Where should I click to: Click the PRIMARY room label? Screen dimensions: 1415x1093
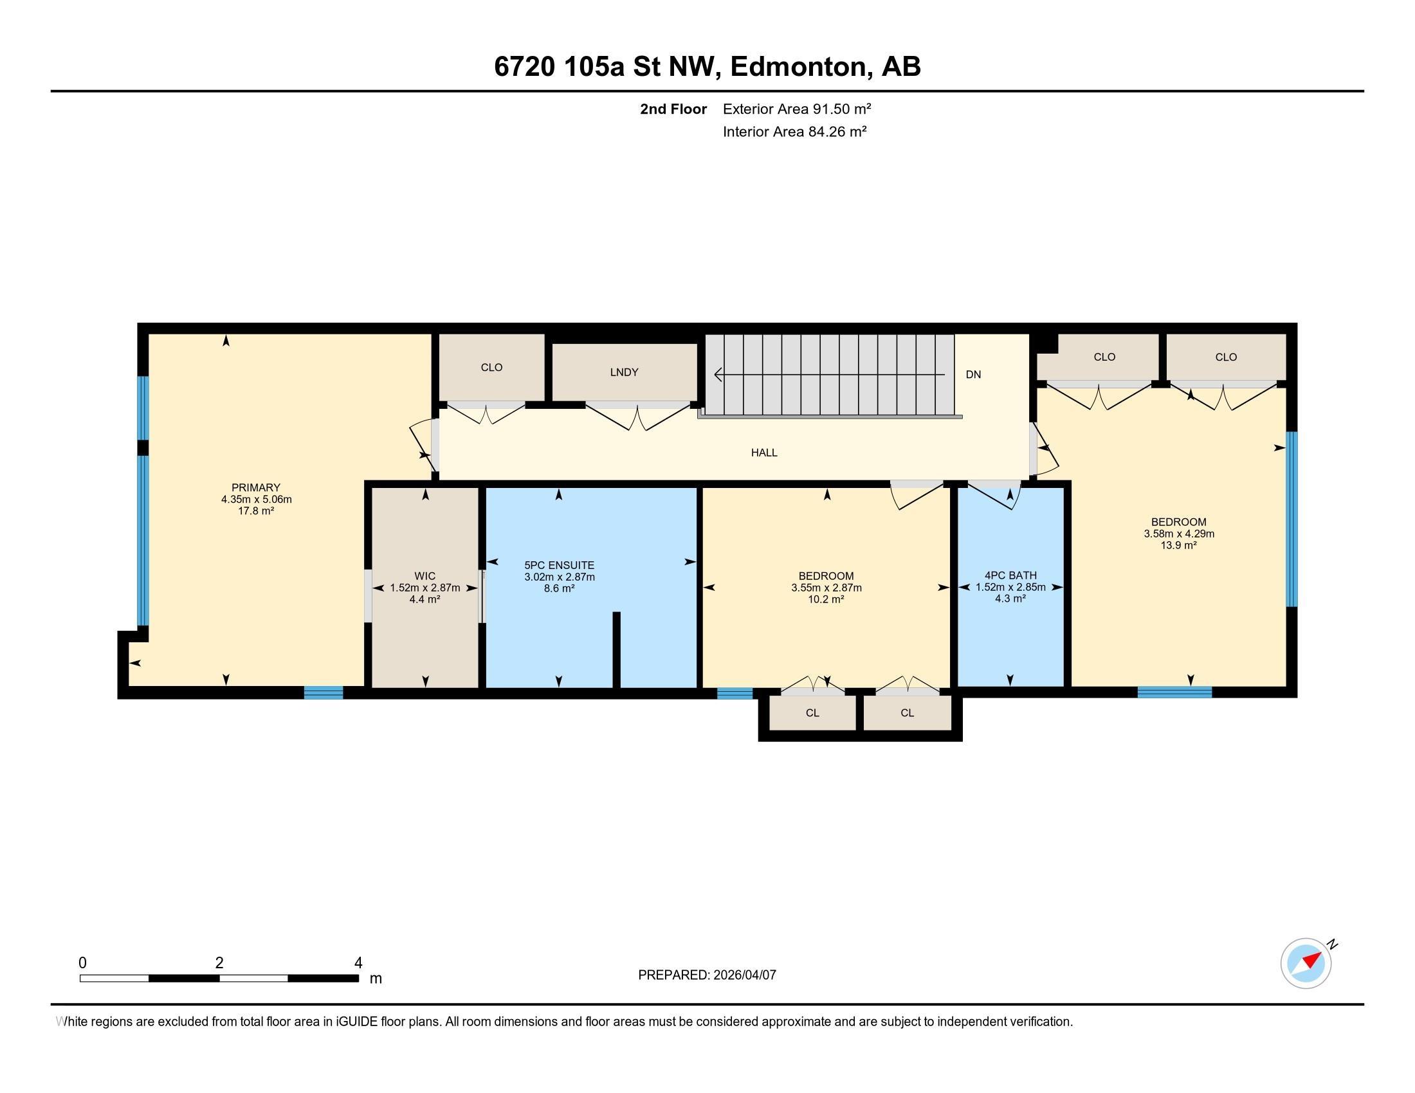point(256,487)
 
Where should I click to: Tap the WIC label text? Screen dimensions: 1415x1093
point(425,575)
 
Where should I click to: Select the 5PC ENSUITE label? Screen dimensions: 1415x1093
point(559,565)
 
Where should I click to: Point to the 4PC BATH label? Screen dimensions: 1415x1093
point(1010,575)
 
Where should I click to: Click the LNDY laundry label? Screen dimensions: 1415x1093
point(625,372)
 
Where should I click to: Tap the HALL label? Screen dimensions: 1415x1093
point(765,453)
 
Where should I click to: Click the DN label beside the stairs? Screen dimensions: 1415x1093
point(973,374)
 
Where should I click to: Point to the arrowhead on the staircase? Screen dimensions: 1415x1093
point(718,374)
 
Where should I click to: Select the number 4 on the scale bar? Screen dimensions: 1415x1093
point(358,963)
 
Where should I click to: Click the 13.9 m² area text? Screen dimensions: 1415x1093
point(1178,545)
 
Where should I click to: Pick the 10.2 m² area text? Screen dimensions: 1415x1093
point(826,600)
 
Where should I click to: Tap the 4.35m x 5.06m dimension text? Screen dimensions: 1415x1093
point(257,499)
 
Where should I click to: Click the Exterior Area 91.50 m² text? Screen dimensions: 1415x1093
point(797,109)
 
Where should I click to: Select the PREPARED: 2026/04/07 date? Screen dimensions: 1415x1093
point(707,975)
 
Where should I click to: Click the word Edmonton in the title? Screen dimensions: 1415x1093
point(799,67)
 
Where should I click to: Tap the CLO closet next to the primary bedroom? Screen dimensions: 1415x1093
point(492,367)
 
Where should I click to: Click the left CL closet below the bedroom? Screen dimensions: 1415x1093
point(812,713)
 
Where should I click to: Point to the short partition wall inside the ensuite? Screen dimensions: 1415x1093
point(617,649)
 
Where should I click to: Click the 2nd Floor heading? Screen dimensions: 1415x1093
point(673,109)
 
